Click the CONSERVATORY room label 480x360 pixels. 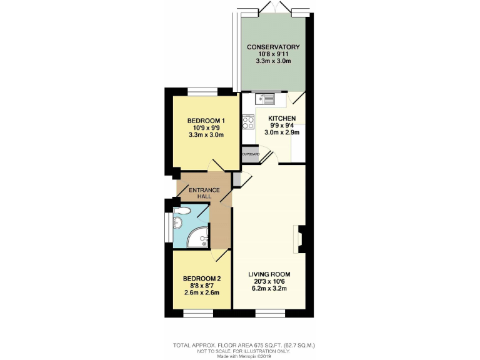(273, 47)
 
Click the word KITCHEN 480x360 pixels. (282, 117)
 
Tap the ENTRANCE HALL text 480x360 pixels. (205, 193)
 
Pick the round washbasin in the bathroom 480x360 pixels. (177, 222)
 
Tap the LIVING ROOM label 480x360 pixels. (269, 274)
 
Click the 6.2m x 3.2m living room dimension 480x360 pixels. (269, 289)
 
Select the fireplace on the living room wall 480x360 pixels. (301, 239)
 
